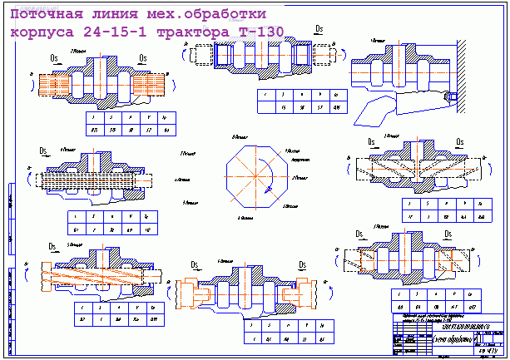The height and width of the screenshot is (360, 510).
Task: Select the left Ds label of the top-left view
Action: [55, 57]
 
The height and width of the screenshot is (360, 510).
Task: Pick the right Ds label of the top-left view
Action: [143, 57]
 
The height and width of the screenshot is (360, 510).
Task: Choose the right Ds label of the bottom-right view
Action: [448, 234]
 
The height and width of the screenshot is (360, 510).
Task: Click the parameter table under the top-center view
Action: [301, 101]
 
